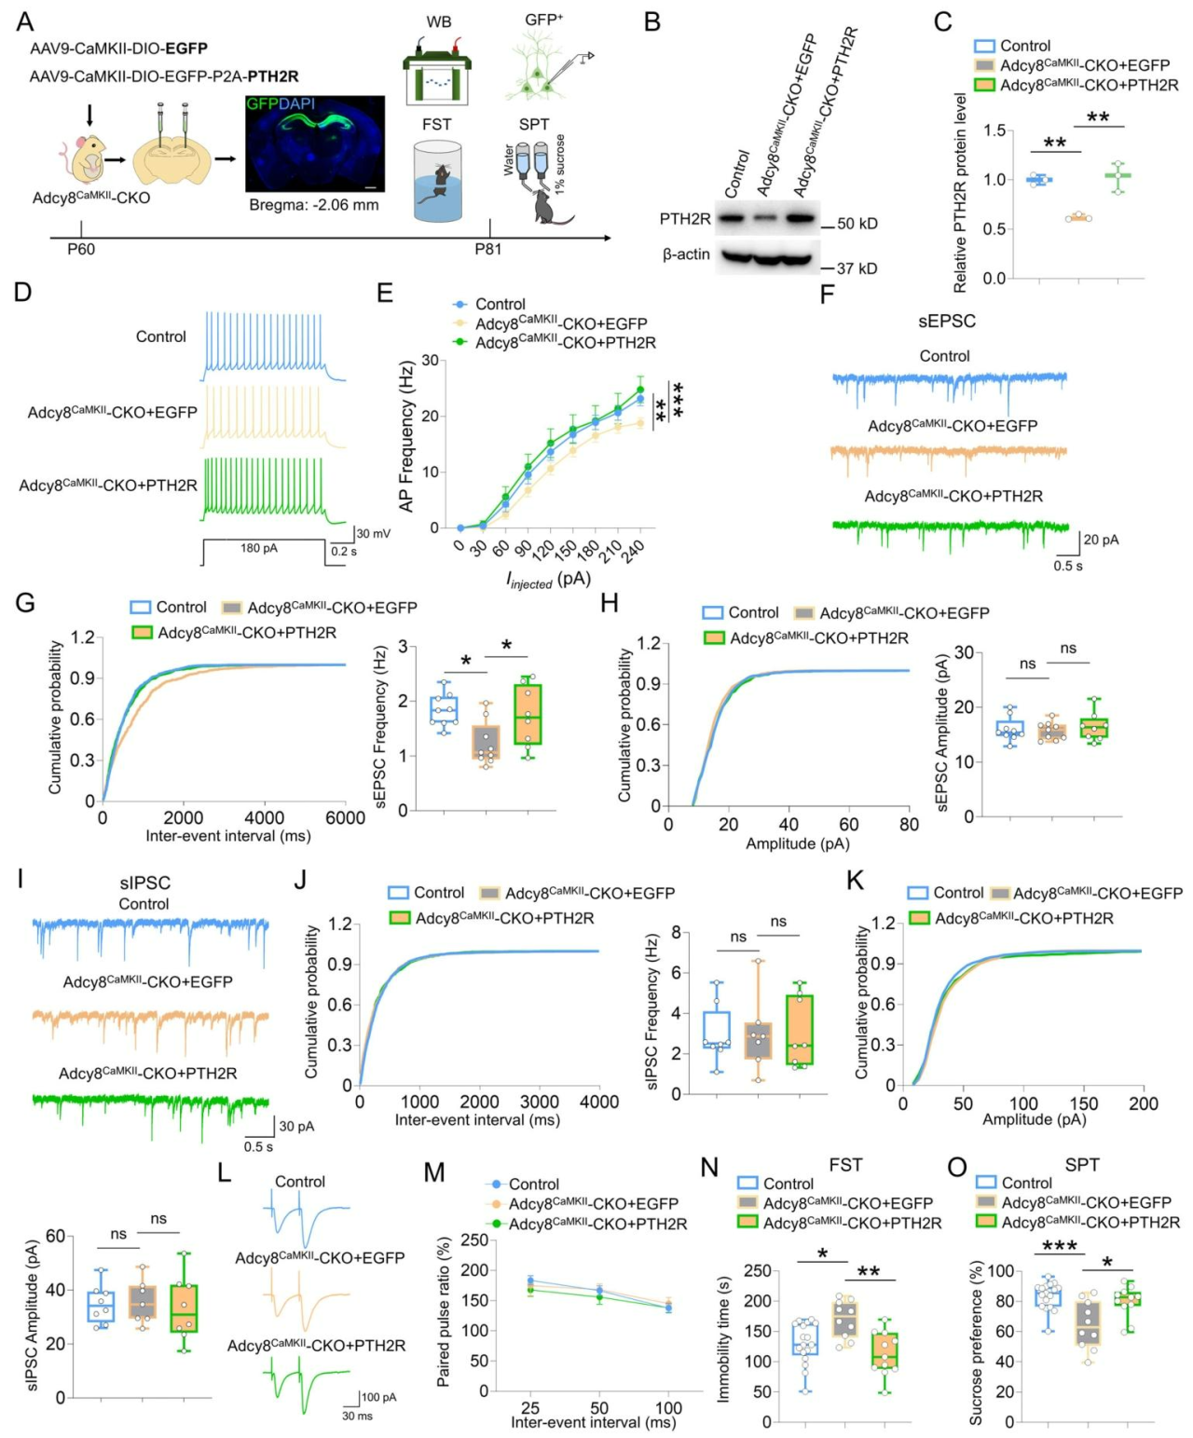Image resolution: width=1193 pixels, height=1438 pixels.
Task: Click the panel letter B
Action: coord(652,21)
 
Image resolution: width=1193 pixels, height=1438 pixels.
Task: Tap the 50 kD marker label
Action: coord(857,224)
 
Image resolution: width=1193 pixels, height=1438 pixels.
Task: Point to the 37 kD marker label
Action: coord(857,268)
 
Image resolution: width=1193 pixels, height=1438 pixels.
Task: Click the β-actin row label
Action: coord(686,254)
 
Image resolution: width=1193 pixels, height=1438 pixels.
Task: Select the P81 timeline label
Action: coord(488,249)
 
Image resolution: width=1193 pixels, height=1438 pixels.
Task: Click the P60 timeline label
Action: coord(81,249)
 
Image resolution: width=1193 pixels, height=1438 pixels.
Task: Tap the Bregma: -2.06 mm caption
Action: coord(314,204)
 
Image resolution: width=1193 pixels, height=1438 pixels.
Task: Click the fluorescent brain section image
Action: coord(315,143)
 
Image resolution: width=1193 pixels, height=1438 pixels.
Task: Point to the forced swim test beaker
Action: coord(437,182)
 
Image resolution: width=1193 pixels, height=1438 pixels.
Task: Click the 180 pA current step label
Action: coord(259,548)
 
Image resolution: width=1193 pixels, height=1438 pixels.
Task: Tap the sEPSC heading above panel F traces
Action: coord(947,322)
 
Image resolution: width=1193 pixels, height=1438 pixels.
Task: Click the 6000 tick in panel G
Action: coord(345,818)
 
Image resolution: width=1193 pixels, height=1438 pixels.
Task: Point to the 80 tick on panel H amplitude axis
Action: coord(909,824)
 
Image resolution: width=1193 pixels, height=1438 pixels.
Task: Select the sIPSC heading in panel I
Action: coord(145,883)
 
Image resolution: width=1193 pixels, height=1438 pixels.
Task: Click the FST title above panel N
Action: coord(845,1165)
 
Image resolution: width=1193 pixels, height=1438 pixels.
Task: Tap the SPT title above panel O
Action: coord(1082,1165)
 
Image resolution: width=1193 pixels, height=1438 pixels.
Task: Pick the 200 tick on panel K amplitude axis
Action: coord(1144,1103)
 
